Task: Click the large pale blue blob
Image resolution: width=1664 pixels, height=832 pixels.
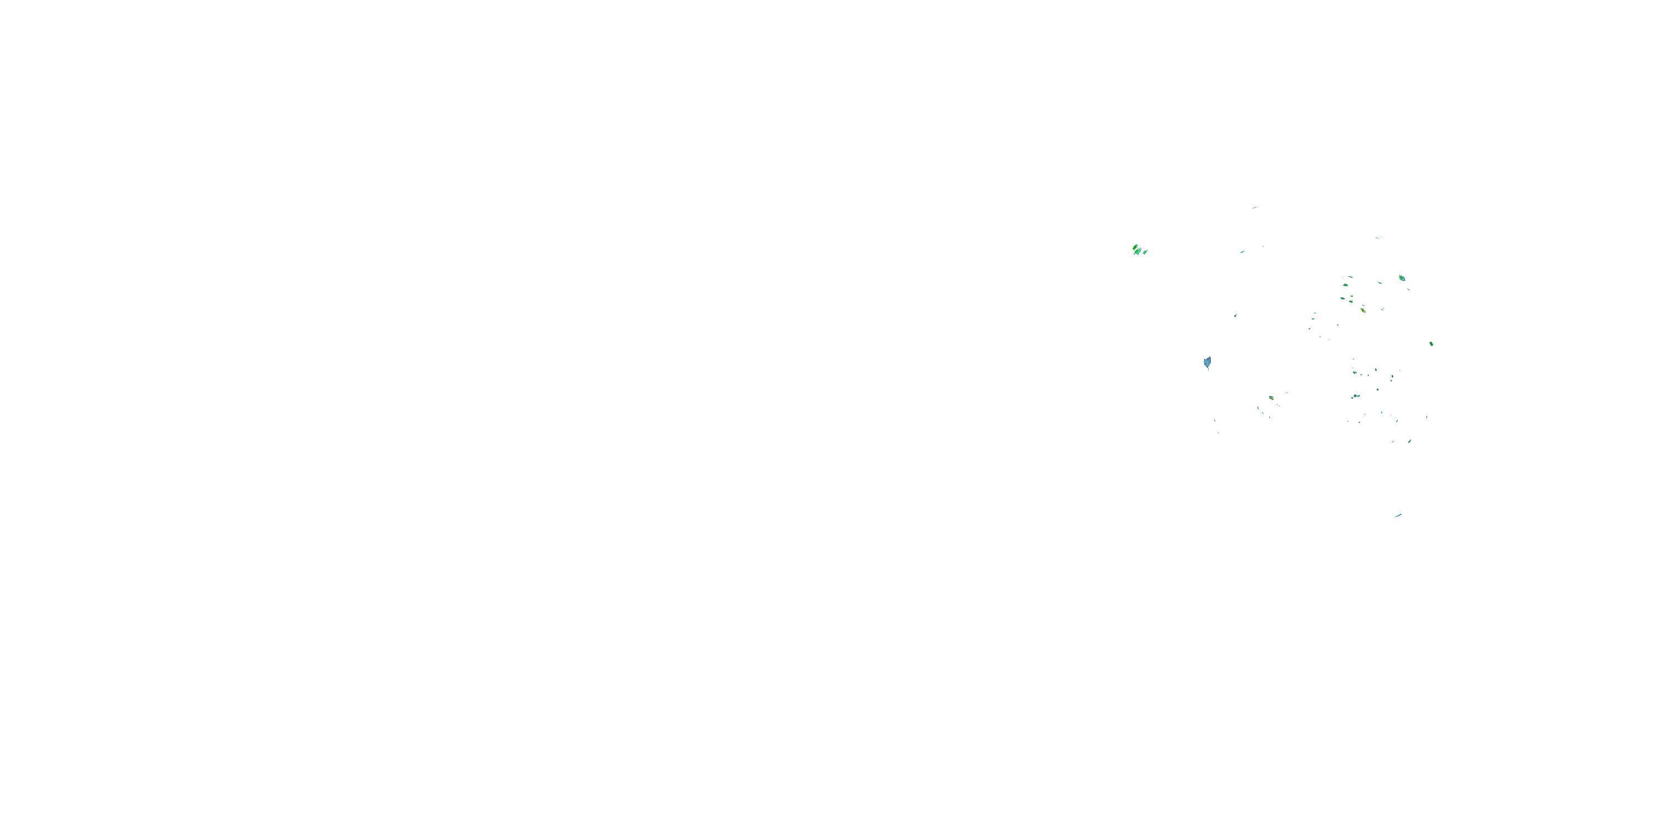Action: (x=1208, y=362)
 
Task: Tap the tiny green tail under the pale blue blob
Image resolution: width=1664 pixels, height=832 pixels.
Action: (x=1208, y=369)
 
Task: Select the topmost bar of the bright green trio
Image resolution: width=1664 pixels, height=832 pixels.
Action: (x=1135, y=246)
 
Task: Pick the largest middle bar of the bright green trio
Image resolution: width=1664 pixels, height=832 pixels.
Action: (x=1139, y=251)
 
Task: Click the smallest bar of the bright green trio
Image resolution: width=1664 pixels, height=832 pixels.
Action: (x=1145, y=252)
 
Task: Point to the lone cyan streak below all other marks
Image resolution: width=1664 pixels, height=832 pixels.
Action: (x=1398, y=515)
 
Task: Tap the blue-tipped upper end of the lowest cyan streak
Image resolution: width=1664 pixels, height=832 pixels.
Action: (x=1401, y=514)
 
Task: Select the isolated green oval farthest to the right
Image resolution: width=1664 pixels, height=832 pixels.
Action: (x=1432, y=344)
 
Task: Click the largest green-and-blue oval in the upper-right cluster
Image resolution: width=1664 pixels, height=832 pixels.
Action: (x=1402, y=278)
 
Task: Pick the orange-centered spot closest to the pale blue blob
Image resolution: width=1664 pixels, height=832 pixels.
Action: (x=1271, y=398)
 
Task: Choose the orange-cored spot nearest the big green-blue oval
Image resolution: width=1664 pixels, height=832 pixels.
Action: (x=1363, y=311)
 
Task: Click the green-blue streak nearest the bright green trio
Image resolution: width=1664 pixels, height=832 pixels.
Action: (x=1242, y=252)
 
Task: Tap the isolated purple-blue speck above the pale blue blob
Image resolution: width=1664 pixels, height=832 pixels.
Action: (x=1235, y=316)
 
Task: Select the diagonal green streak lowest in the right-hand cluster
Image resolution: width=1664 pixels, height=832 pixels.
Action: (x=1409, y=441)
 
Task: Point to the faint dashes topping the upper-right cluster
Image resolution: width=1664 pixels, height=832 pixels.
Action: (x=1378, y=238)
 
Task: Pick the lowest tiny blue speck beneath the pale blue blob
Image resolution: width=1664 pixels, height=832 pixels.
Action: (x=1218, y=432)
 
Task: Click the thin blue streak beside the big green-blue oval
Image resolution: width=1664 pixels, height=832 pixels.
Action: (x=1409, y=289)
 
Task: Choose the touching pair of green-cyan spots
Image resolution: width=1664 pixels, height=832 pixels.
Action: (x=1356, y=396)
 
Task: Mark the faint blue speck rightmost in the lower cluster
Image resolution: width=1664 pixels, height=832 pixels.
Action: (x=1426, y=417)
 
